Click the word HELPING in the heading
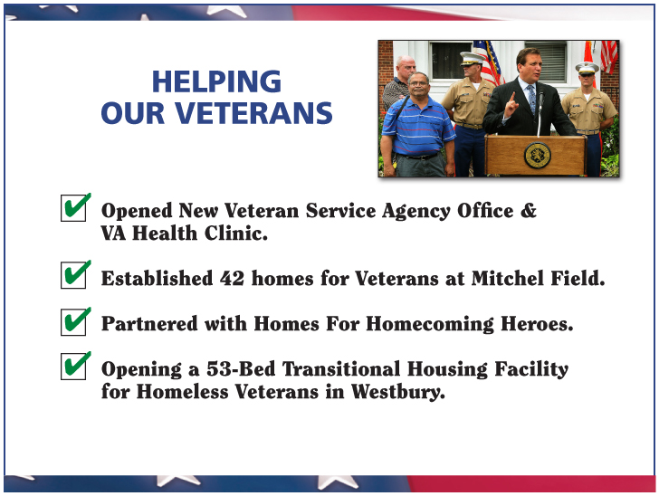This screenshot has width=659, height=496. (216, 81)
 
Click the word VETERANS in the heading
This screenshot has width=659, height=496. (253, 113)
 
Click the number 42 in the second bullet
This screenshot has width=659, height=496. (232, 278)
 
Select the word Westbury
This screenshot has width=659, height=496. (398, 392)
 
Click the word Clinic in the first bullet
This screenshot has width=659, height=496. (235, 233)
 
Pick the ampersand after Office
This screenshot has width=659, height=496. (528, 210)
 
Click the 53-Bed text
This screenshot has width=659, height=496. (241, 368)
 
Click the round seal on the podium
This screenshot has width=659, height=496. (537, 156)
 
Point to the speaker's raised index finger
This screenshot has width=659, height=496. (512, 98)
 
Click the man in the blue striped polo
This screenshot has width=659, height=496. (417, 125)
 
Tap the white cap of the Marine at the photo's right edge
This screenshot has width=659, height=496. (587, 67)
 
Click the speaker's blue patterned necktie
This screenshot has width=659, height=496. (532, 99)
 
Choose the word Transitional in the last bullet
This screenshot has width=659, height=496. (341, 368)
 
